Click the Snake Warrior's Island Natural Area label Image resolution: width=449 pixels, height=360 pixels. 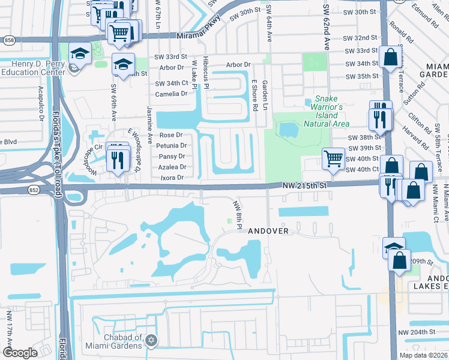(323, 111)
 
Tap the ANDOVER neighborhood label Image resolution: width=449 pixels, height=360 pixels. (269, 230)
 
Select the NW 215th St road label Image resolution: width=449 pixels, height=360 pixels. (306, 187)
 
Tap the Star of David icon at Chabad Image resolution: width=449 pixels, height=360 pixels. (151, 340)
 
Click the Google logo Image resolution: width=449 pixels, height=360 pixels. (20, 353)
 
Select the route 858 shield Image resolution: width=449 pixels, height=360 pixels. (8, 40)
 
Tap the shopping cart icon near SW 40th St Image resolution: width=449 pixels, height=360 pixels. (334, 158)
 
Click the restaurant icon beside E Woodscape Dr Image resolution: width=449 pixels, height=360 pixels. (118, 158)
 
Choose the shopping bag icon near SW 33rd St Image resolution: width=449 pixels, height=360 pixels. (390, 58)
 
